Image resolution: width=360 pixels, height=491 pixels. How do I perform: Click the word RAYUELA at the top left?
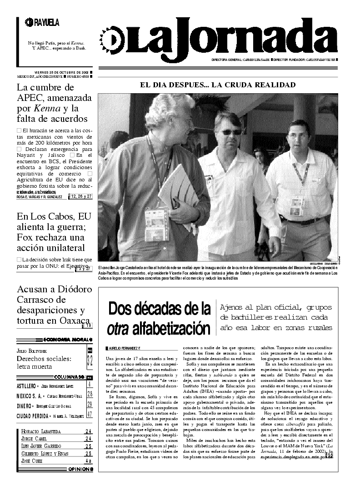click(x=46, y=22)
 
